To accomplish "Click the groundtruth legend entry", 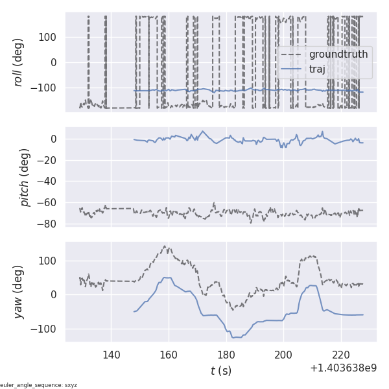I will tap(338, 54).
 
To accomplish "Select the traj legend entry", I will tap(317, 69).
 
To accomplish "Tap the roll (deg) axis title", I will tap(19, 62).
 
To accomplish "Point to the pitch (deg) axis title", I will tap(25, 177).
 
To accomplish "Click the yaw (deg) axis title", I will tap(19, 292).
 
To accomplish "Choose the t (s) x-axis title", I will tap(220, 371).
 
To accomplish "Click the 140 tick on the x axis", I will tap(111, 355).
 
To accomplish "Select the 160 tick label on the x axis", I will tap(169, 355).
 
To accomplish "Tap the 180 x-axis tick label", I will tap(226, 355).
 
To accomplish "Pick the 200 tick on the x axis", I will tap(284, 355).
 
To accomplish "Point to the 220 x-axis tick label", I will tap(342, 355).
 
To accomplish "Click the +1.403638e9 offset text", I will tap(343, 368).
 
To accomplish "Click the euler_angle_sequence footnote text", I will tap(39, 385).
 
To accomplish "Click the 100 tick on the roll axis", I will tap(49, 37).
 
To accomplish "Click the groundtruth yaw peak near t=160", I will tap(165, 246).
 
